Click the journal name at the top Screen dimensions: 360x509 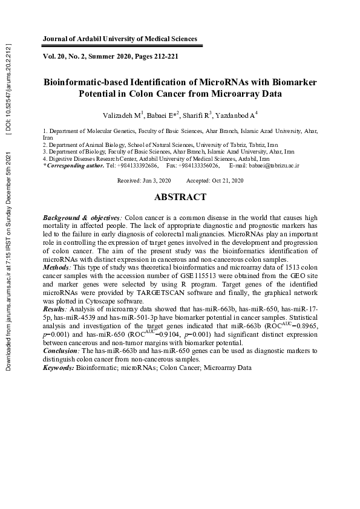(x=120, y=39)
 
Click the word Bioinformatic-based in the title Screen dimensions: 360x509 (x=91, y=82)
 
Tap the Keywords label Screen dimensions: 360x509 (x=59, y=367)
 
